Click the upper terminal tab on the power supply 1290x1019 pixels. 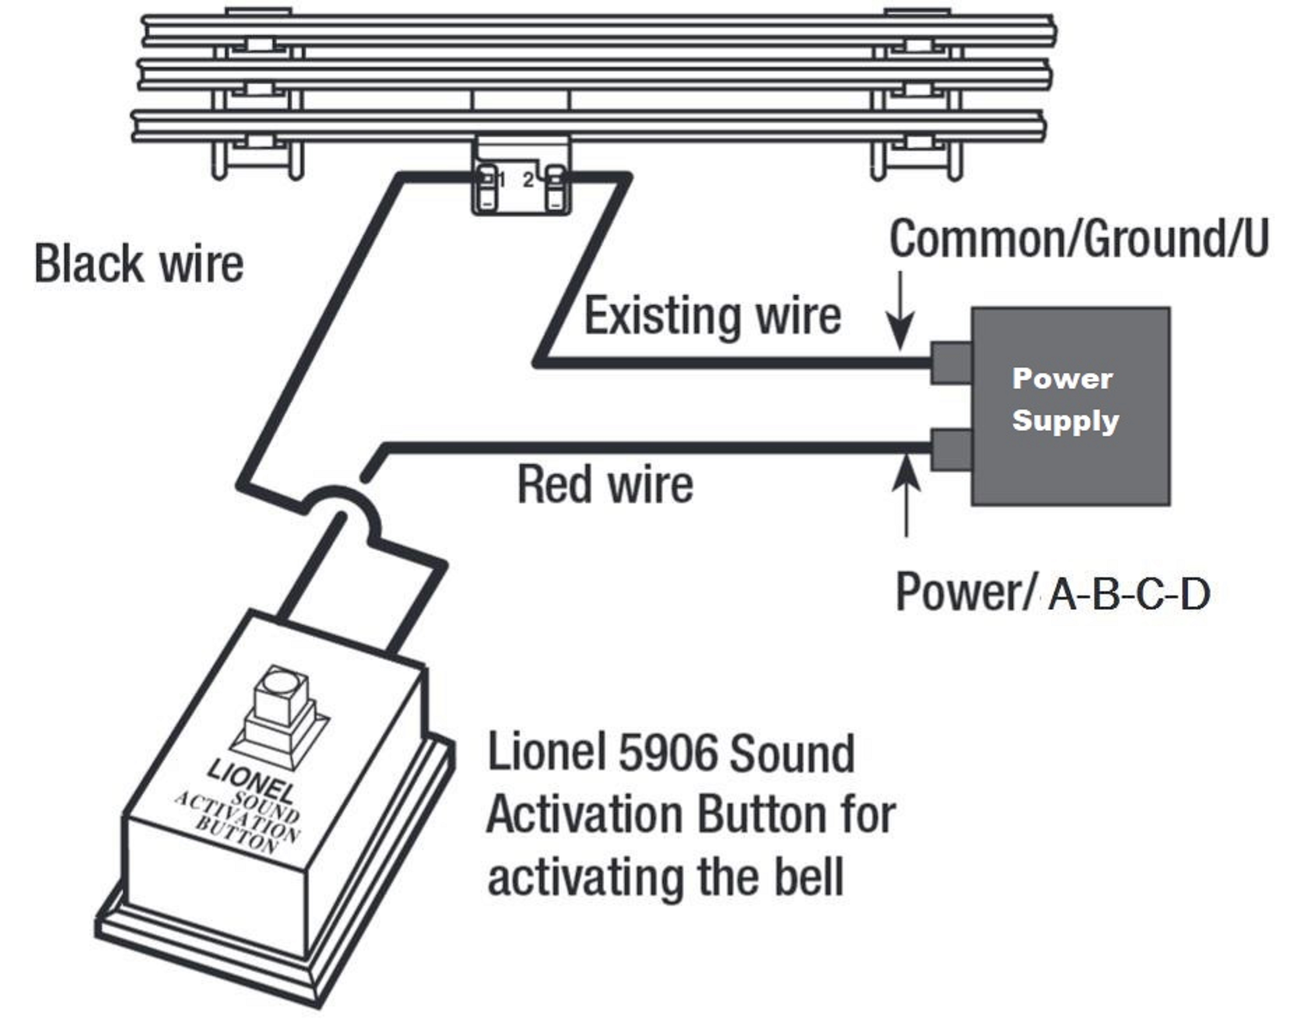(x=951, y=363)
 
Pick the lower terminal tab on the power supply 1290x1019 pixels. (x=951, y=449)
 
